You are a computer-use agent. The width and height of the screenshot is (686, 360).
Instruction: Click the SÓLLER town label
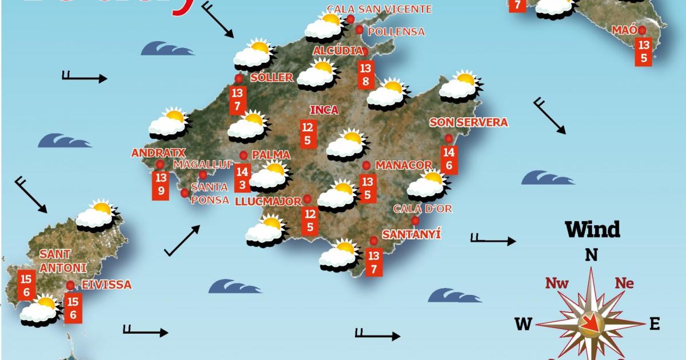click(x=272, y=78)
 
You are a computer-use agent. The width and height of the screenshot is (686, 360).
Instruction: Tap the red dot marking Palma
click(x=244, y=155)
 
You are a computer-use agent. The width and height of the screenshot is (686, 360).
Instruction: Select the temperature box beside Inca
click(x=308, y=133)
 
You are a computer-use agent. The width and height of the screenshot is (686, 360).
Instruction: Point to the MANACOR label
click(x=404, y=165)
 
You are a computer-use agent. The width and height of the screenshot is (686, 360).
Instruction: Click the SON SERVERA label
click(x=468, y=122)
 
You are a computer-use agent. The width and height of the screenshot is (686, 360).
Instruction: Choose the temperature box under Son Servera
click(x=449, y=159)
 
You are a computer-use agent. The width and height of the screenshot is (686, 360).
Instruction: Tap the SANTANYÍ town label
click(x=412, y=234)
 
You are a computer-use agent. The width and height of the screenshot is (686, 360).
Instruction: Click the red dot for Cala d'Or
click(x=415, y=221)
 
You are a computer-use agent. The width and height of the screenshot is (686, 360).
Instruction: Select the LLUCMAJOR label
click(x=268, y=201)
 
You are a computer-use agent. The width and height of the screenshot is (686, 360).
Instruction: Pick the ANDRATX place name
click(x=150, y=153)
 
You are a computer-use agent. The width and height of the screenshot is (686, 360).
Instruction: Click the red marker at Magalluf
click(x=203, y=175)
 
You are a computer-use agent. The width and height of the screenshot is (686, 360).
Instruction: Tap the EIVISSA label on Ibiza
click(x=107, y=285)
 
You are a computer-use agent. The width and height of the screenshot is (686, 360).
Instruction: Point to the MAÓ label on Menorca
click(x=624, y=30)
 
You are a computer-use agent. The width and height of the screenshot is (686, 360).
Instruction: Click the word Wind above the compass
click(x=592, y=230)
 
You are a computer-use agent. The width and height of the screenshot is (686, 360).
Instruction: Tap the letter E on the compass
click(x=655, y=324)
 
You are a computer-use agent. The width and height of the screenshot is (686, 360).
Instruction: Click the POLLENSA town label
click(x=396, y=31)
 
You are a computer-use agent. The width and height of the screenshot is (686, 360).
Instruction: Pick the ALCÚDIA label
click(x=337, y=51)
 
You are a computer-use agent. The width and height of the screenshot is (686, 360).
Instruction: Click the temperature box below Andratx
click(x=161, y=184)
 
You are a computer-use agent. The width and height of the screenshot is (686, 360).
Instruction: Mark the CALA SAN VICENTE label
click(x=379, y=9)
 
